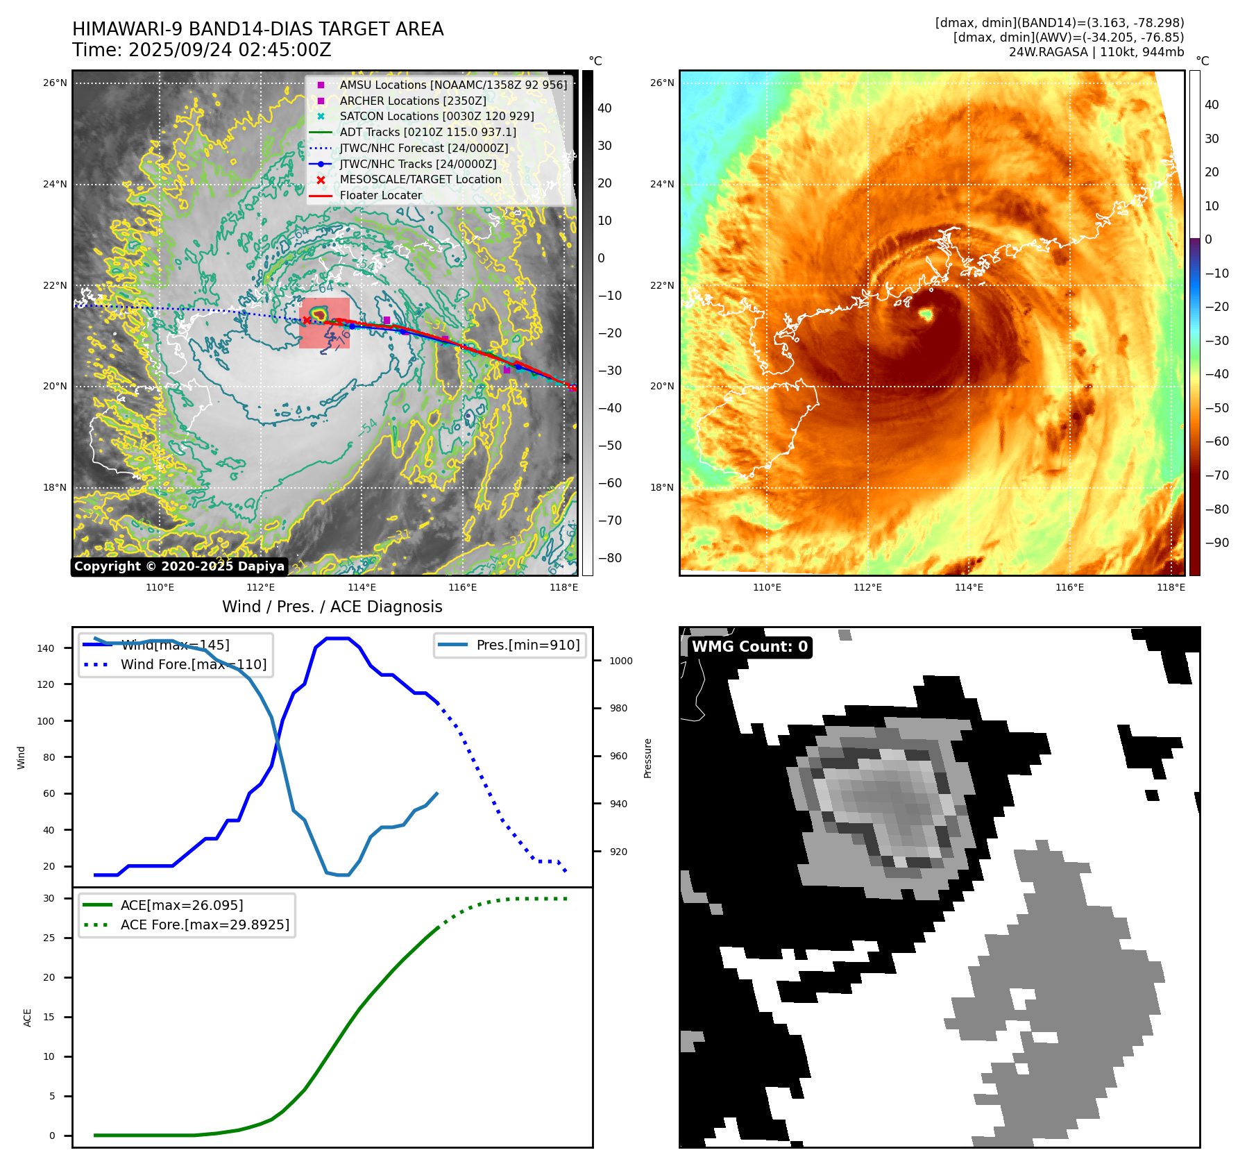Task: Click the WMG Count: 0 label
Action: pyautogui.click(x=749, y=647)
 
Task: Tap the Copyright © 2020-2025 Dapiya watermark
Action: pyautogui.click(x=179, y=566)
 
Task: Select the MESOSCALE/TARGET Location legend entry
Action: pyautogui.click(x=420, y=179)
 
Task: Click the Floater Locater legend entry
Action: pyautogui.click(x=380, y=195)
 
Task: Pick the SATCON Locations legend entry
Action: pyautogui.click(x=436, y=116)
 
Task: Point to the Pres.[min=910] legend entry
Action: pyautogui.click(x=527, y=645)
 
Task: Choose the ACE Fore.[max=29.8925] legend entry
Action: pyautogui.click(x=205, y=925)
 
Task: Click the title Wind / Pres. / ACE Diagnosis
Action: pyautogui.click(x=332, y=607)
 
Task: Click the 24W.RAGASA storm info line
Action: pyautogui.click(x=1096, y=52)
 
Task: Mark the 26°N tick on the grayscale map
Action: pyautogui.click(x=56, y=83)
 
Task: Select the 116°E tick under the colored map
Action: pyautogui.click(x=1069, y=587)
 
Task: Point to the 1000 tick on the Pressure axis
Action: pyautogui.click(x=620, y=661)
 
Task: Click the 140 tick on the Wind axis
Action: pyautogui.click(x=46, y=648)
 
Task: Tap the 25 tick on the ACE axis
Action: pyautogui.click(x=49, y=938)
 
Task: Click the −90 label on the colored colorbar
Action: pyautogui.click(x=1216, y=543)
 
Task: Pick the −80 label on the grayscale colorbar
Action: pyautogui.click(x=610, y=558)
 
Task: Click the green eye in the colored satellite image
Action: pyautogui.click(x=926, y=315)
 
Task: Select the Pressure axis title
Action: pyautogui.click(x=647, y=758)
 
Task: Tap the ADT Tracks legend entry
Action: pyautogui.click(x=427, y=132)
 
